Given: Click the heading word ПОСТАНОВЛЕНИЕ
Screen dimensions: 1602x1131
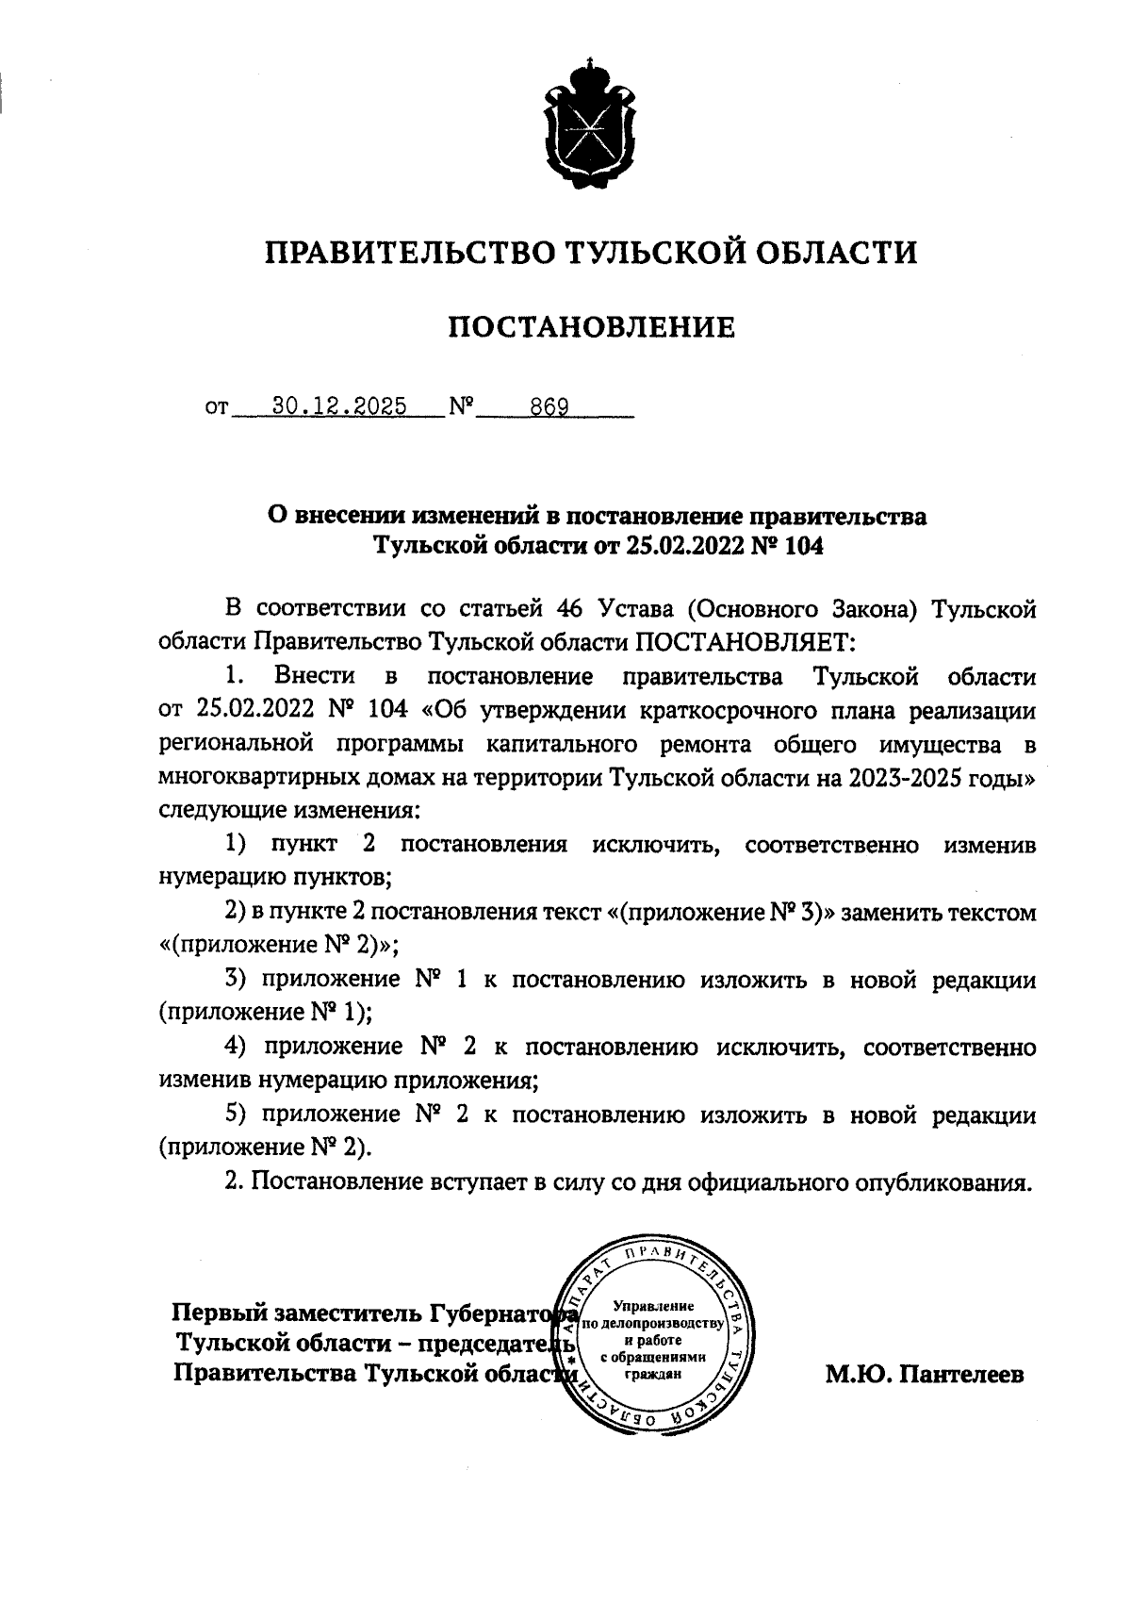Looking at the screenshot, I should coord(590,327).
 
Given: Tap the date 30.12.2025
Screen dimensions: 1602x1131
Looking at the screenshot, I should coord(338,406).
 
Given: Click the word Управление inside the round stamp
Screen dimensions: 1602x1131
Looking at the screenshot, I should coord(653,1306).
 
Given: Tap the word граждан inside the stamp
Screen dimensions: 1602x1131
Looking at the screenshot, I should coord(653,1374).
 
